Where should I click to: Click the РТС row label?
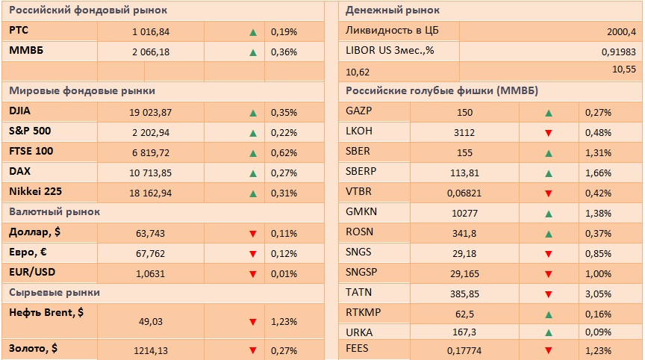[19, 31]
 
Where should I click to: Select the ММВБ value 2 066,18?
[151, 52]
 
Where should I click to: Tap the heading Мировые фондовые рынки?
[82, 91]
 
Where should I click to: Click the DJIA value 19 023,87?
[151, 113]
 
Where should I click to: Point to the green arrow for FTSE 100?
[253, 153]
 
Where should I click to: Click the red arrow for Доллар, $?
[253, 234]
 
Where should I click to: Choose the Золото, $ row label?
[34, 348]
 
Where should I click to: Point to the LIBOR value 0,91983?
[618, 52]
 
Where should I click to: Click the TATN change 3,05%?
[599, 294]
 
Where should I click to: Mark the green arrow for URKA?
[549, 332]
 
